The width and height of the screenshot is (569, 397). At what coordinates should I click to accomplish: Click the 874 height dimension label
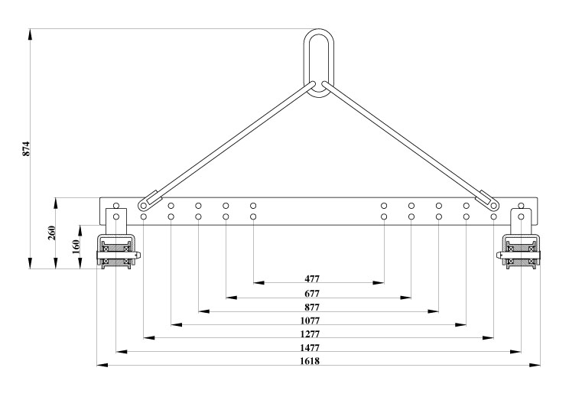point(26,149)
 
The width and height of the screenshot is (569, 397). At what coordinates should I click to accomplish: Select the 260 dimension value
point(52,233)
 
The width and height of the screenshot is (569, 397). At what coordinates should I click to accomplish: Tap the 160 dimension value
point(76,247)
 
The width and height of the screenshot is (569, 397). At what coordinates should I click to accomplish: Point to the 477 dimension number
point(312,278)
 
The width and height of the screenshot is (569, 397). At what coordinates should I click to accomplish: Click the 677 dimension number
point(312,293)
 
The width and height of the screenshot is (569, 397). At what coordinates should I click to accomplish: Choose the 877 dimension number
point(312,308)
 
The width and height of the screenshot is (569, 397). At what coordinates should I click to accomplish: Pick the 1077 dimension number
point(310,321)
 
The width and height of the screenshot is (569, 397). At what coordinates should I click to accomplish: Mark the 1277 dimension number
point(310,334)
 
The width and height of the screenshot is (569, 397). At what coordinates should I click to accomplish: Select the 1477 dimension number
point(310,347)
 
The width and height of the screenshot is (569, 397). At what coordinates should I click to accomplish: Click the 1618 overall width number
point(310,361)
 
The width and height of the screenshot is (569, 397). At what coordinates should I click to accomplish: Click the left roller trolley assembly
point(118,252)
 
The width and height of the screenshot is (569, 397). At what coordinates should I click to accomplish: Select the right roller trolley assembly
point(519,252)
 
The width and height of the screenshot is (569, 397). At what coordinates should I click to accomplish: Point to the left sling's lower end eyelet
point(143,206)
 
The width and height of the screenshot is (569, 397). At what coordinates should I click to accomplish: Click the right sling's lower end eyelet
point(493,206)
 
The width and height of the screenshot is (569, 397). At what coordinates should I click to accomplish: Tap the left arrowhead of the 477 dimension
point(258,283)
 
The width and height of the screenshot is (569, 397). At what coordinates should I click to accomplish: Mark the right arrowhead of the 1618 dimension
point(535,365)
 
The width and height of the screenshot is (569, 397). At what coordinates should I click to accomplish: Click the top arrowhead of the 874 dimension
point(30,34)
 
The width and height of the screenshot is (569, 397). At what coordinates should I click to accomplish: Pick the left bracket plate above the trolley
point(116,221)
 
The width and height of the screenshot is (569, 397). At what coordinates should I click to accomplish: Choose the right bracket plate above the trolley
point(521,221)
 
